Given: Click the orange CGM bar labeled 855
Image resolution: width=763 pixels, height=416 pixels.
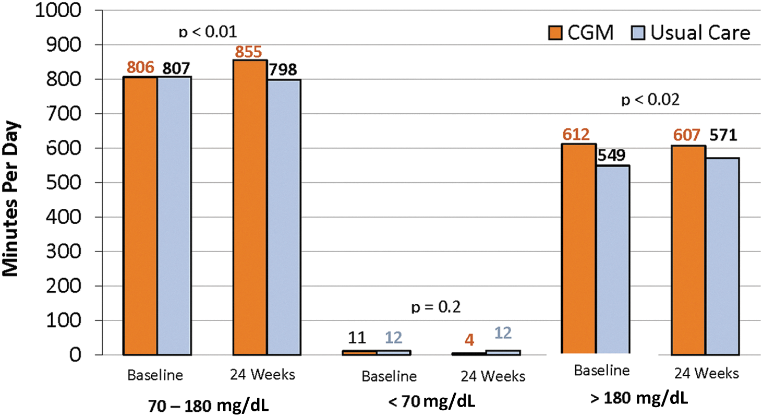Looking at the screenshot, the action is (250, 207).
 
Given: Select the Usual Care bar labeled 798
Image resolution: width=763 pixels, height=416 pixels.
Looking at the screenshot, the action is (284, 217).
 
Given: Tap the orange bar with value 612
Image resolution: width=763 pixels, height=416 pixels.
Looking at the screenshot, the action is (579, 248).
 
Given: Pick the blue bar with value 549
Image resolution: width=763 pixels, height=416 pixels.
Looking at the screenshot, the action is (613, 259).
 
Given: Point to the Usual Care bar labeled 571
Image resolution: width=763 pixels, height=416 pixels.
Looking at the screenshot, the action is (722, 256).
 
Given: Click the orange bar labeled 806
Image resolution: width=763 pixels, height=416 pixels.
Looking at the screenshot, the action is (140, 216).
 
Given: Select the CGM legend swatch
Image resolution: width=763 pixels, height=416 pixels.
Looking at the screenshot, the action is (555, 33).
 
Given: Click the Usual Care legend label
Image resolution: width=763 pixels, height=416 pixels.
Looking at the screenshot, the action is (700, 33).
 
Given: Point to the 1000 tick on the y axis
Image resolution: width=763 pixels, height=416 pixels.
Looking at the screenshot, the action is (58, 11).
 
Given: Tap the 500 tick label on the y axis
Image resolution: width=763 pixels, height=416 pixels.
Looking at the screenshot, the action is (63, 183).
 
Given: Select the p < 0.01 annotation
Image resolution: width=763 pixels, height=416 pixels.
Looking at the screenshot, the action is (208, 32).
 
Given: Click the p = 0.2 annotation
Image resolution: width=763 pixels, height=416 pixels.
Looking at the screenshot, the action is (436, 307).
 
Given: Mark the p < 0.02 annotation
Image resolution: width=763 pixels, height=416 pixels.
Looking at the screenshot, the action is (650, 100).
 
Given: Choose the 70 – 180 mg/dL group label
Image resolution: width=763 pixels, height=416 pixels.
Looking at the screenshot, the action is (209, 406).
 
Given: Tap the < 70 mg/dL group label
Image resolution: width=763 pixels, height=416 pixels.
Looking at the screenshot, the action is (431, 401).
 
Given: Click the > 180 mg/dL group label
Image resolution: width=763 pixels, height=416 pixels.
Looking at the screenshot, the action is (639, 398).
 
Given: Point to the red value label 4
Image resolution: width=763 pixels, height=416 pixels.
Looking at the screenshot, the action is (469, 340).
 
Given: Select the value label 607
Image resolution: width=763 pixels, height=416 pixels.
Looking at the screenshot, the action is (687, 135).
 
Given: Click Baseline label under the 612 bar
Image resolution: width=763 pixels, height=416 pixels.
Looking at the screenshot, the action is (602, 370).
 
